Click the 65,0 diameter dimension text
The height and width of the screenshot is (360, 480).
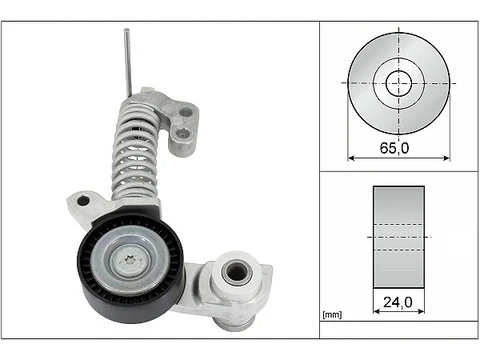pos(394,148)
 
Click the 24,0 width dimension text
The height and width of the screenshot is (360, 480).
pos(398,302)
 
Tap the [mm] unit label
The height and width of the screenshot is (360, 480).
pos(332,314)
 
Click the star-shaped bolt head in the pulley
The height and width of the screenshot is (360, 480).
pos(130,260)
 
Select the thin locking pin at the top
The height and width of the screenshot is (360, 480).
pos(128,62)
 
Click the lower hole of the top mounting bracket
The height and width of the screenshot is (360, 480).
pos(182,134)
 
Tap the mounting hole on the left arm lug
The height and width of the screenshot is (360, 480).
pos(83,201)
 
